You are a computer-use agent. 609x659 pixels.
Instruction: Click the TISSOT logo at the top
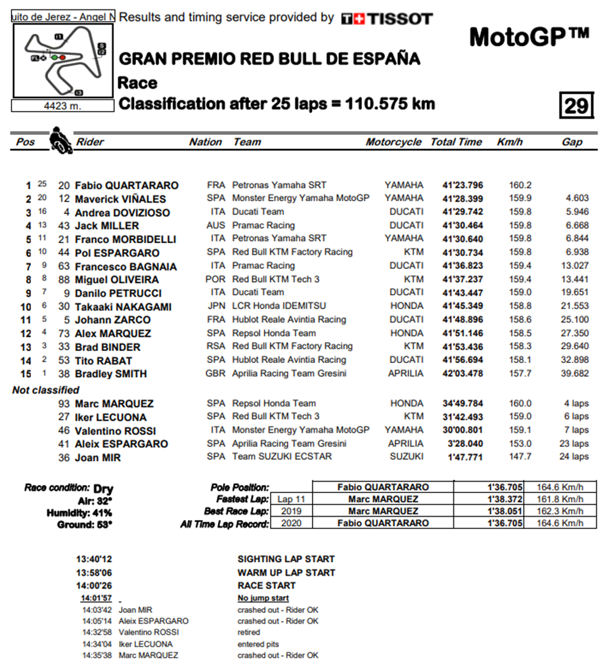[386, 18]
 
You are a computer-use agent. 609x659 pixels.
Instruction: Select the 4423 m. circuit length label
[62, 106]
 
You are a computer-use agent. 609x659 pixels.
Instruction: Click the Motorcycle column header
[393, 142]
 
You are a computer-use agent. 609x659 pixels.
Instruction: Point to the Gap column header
[572, 142]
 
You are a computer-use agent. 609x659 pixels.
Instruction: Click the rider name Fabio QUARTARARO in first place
[127, 186]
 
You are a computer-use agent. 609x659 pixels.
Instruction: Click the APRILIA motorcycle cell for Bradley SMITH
[405, 373]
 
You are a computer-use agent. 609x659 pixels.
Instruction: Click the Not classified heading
[45, 390]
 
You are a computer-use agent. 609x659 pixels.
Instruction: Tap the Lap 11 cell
[291, 499]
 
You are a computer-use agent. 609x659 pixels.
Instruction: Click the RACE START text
[267, 585]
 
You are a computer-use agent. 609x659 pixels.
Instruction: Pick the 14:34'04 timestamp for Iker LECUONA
[96, 644]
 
